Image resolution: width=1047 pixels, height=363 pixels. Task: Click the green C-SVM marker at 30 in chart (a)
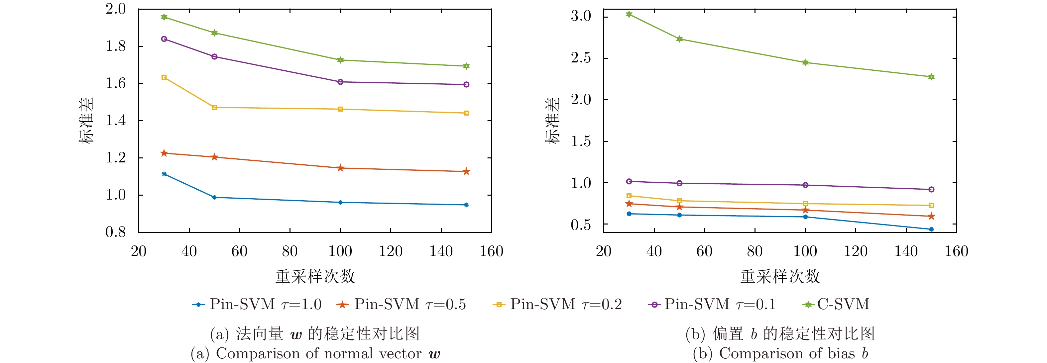tap(164, 17)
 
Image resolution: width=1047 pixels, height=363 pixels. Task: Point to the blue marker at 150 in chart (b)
tap(931, 229)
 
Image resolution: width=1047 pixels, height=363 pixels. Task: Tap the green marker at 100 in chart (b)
tap(805, 62)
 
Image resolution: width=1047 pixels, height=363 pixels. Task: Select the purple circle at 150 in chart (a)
tap(466, 84)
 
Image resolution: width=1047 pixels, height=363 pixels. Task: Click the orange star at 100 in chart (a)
tap(340, 168)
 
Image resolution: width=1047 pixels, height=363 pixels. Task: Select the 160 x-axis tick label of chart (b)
tap(956, 251)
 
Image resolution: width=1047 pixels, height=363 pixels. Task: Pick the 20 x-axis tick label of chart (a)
tap(139, 251)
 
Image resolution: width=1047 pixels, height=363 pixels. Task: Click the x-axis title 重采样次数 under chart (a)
tap(315, 277)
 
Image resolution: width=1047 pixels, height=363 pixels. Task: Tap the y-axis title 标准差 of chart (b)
tap(553, 121)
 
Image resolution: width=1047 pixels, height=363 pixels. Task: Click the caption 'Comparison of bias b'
tap(780, 353)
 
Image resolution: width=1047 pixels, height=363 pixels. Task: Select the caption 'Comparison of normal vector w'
tap(315, 353)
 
